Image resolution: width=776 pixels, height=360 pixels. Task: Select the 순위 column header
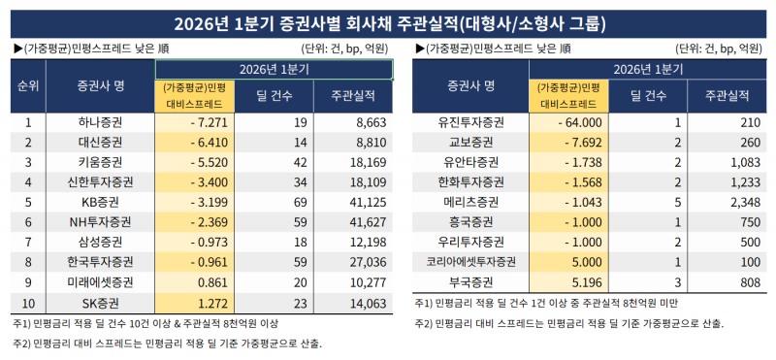[29, 86]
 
